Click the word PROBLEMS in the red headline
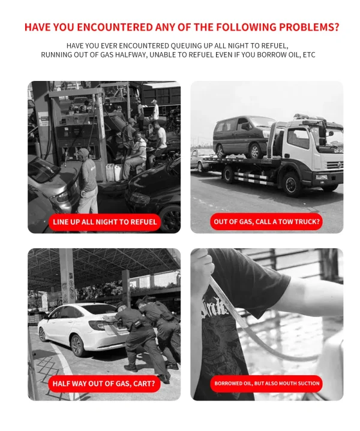(309, 27)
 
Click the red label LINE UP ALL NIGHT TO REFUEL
(104, 222)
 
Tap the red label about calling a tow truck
(266, 222)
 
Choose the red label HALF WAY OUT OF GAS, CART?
(104, 384)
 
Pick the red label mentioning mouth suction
(266, 384)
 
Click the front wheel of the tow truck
(292, 184)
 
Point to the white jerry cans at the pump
(113, 173)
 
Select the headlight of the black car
(140, 198)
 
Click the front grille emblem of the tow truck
(339, 165)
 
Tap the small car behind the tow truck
(200, 160)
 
